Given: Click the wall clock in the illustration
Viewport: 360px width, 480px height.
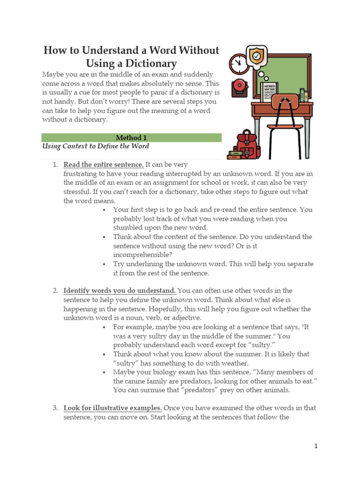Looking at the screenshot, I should [238, 62].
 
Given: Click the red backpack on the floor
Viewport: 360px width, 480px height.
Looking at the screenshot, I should [244, 144].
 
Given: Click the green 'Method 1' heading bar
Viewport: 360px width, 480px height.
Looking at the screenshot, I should [131, 138].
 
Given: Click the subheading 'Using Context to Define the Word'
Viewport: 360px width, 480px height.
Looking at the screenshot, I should [96, 146].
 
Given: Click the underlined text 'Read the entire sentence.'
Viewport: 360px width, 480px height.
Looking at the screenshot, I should [104, 165].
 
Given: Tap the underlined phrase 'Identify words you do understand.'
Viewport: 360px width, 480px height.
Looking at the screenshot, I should [120, 291].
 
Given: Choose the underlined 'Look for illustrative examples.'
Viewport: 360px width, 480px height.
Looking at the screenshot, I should [113, 408].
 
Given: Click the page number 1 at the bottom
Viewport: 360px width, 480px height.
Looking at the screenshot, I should [316, 446].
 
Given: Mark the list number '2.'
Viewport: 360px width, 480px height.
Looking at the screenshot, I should [55, 291].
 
